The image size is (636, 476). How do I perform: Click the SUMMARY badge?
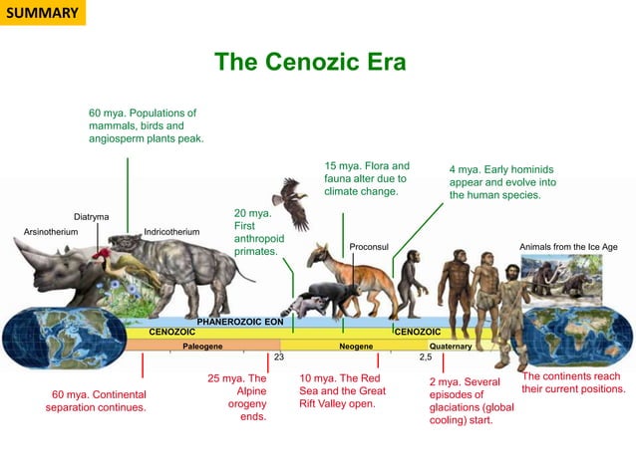tap(41, 13)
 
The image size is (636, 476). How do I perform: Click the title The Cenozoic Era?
tap(310, 63)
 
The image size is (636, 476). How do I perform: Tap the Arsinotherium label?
tap(51, 232)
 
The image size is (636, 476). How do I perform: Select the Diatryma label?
tap(92, 217)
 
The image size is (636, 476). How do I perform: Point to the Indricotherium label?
tap(171, 232)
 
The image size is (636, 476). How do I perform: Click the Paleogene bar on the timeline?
tap(201, 345)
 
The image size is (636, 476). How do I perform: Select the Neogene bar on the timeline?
tap(356, 345)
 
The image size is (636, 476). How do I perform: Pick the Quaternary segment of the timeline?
tap(450, 345)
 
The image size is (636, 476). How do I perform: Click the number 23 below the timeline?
tap(279, 357)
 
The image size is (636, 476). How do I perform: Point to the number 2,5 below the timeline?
tap(425, 357)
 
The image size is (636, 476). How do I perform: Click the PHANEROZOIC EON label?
tap(240, 323)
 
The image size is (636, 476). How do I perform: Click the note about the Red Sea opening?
tap(342, 391)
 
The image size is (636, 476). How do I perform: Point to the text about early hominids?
tap(501, 182)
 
